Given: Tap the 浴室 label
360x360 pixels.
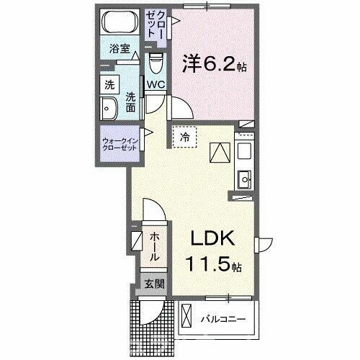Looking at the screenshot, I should point(119,49).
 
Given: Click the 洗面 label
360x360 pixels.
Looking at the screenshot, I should point(130,102).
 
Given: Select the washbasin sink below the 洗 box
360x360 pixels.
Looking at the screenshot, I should point(111,112).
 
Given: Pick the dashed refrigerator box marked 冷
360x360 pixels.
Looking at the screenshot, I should point(184,137).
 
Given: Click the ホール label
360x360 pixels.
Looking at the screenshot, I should point(155,246).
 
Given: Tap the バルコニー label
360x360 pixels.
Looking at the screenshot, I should point(223,318).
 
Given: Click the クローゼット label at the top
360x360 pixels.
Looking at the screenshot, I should point(160,30).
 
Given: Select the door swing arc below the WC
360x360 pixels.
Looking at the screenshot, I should point(180,109).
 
